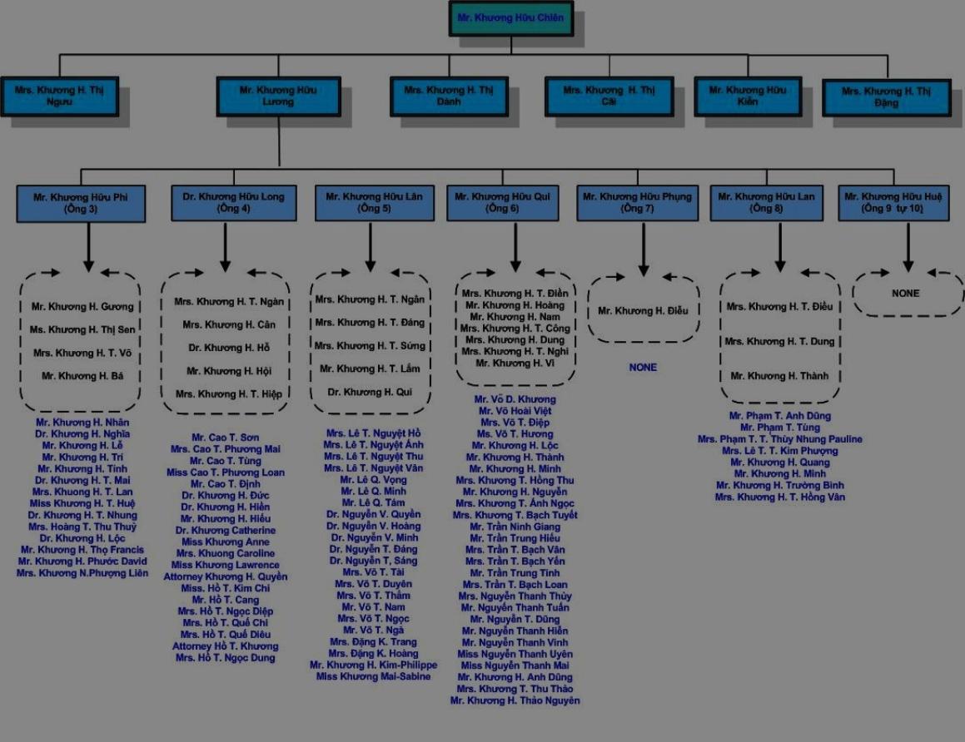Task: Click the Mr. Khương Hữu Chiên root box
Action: point(510,17)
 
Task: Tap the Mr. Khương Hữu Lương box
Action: point(278,96)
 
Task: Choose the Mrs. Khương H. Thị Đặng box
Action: point(886,96)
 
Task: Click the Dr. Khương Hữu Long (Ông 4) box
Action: point(233,203)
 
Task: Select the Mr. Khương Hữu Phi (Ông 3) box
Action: point(80,203)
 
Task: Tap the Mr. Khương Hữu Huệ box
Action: point(893,203)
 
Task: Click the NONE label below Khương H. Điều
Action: point(643,367)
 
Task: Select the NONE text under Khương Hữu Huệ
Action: point(906,294)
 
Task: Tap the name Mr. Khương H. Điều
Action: point(644,311)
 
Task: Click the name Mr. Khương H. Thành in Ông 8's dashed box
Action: point(779,376)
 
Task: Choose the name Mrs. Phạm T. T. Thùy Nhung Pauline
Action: point(779,439)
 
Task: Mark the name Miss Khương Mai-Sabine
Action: point(374,677)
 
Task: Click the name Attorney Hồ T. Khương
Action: point(226,646)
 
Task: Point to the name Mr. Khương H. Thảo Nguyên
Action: point(515,700)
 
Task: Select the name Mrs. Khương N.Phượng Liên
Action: point(82,573)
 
